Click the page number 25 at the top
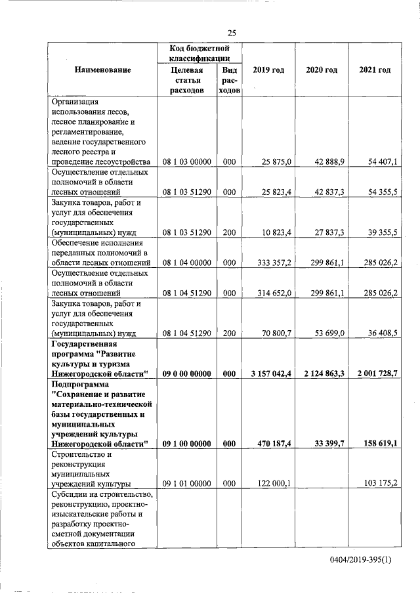tap(232, 33)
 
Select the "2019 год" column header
tap(268, 70)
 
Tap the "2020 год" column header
tap(322, 70)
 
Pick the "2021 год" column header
tap(375, 70)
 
